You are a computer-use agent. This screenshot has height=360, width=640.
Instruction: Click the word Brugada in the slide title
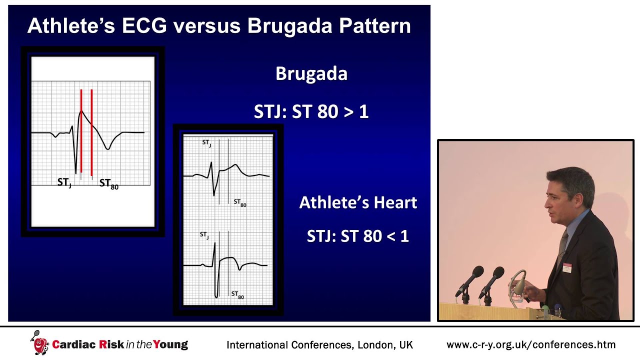(290, 25)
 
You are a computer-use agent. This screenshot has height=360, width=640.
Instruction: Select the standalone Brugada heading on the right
(311, 74)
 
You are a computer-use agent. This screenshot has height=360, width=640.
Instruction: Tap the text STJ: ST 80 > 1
(311, 111)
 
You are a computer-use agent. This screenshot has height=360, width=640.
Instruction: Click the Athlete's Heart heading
(358, 202)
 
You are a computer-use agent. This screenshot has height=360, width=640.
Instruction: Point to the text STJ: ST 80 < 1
(358, 236)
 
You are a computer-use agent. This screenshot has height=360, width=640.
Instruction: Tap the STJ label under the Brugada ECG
(64, 183)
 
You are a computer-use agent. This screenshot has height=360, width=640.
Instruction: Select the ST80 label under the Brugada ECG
(108, 184)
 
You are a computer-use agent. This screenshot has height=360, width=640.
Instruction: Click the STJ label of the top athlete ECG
(206, 143)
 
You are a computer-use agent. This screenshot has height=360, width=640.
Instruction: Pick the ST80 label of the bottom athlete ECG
(237, 295)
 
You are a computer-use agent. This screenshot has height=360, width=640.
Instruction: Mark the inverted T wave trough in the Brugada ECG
(107, 148)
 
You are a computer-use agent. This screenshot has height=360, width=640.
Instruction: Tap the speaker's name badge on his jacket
(566, 267)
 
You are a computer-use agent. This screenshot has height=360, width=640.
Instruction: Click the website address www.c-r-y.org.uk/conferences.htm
(530, 344)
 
